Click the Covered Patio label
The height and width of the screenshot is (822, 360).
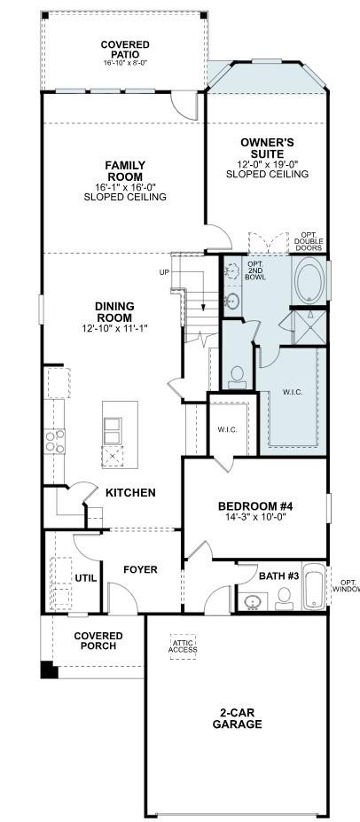click(x=124, y=50)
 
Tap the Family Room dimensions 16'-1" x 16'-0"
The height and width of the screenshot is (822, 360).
click(x=125, y=187)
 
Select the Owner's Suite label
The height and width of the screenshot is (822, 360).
click(x=267, y=147)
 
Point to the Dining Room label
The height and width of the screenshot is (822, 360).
click(x=114, y=312)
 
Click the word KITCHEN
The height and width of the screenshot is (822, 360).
click(x=130, y=492)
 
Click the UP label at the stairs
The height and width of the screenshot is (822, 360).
click(x=164, y=272)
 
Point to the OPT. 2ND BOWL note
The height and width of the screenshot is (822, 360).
click(x=255, y=270)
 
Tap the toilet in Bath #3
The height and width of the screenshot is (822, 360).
click(x=284, y=597)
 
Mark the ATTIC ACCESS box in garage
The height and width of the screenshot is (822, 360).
click(x=184, y=646)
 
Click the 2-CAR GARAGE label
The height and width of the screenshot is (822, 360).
click(x=237, y=718)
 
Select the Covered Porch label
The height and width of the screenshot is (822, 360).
click(x=98, y=641)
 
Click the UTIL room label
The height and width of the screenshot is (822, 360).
click(x=85, y=577)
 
